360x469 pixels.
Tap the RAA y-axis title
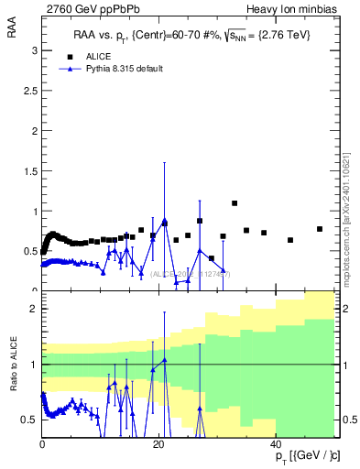point(12,33)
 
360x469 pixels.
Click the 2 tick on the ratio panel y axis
point(34,310)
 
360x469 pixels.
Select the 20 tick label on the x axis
point(159,445)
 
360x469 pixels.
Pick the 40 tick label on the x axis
point(277,445)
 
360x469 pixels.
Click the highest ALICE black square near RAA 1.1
point(235,202)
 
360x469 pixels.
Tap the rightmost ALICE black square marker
point(320,229)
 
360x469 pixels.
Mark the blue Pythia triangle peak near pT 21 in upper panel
point(165,221)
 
